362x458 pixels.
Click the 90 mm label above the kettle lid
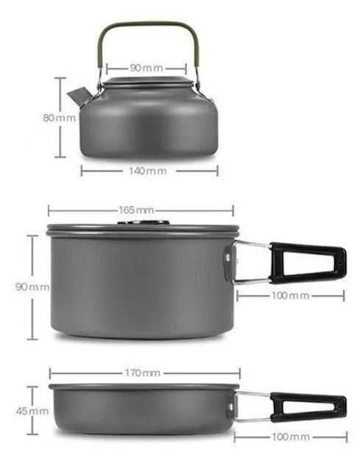(146, 68)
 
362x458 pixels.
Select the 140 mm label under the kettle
(150, 170)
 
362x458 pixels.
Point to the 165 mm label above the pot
(139, 209)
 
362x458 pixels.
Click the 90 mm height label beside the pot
(32, 286)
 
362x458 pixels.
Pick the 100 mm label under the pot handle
(290, 295)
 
